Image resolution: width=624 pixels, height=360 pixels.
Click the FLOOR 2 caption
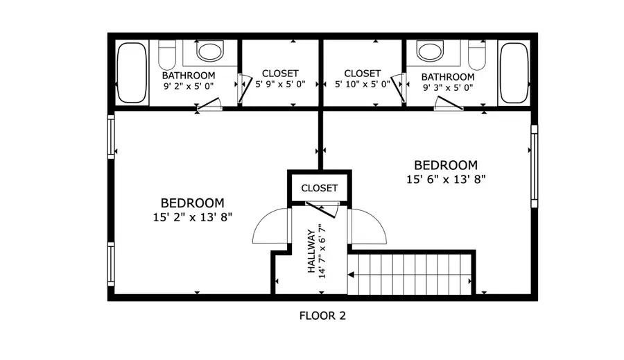322,316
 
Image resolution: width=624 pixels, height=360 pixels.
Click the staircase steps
410,273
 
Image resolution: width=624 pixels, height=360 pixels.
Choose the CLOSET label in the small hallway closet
319,188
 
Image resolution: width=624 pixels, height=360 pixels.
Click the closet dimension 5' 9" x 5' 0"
280,85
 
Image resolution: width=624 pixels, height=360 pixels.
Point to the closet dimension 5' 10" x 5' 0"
362,85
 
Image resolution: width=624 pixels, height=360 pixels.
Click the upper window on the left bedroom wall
110,136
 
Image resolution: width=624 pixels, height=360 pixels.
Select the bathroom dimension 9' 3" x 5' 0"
448,88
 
